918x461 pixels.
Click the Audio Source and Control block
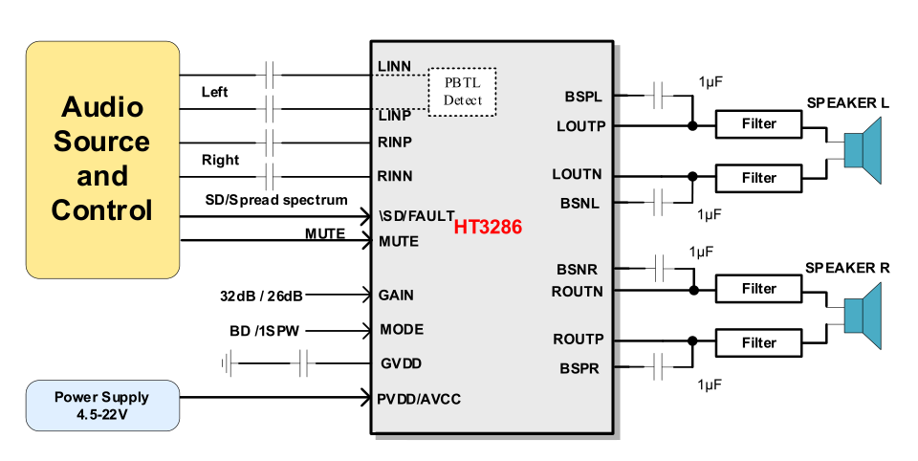(102, 160)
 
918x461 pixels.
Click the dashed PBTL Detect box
(463, 92)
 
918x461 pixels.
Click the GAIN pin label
(397, 296)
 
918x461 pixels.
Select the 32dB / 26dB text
(261, 296)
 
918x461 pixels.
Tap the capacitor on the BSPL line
(659, 95)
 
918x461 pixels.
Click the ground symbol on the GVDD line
(227, 363)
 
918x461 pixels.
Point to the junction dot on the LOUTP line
(691, 124)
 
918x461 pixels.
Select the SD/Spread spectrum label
(276, 200)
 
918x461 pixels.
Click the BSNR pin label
(581, 270)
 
